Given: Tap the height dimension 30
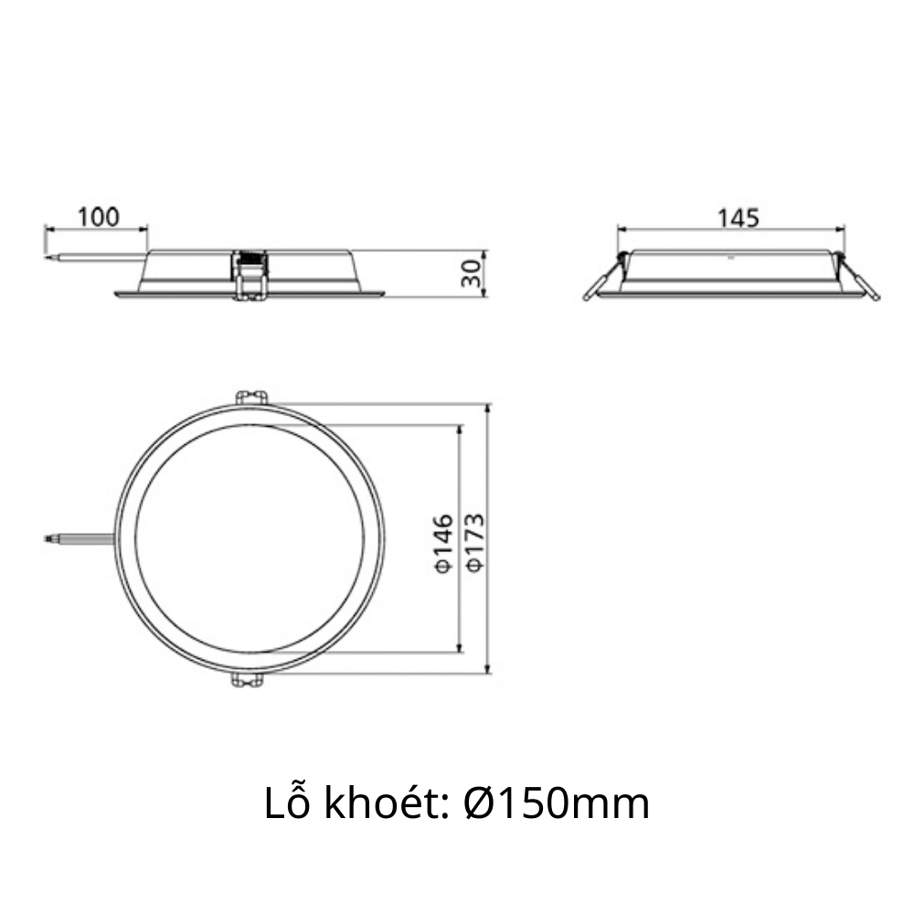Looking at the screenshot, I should click(471, 273).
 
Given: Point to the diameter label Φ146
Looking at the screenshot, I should click(443, 543).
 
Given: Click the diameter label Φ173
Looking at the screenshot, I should click(473, 543).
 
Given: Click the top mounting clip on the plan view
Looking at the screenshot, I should click(250, 398).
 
